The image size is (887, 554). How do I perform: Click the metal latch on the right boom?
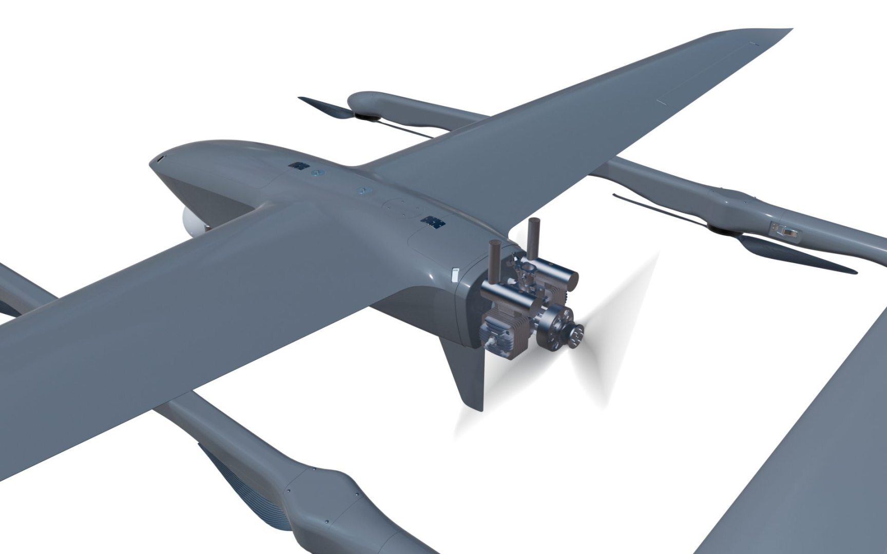click(x=786, y=229)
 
